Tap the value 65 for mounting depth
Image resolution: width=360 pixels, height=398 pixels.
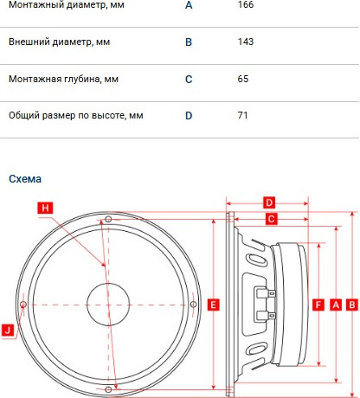(x=242, y=79)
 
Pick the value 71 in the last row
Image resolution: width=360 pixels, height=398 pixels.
(x=242, y=115)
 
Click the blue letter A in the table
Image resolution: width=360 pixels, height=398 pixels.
(x=189, y=4)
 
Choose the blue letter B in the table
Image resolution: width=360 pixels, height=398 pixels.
(x=189, y=42)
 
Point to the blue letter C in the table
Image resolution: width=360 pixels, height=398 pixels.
(x=189, y=79)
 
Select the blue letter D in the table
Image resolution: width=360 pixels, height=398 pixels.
(x=189, y=115)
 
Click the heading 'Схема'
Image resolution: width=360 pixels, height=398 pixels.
(x=24, y=179)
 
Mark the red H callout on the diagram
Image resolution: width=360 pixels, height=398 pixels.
(x=46, y=208)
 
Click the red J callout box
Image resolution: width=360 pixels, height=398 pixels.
(x=8, y=330)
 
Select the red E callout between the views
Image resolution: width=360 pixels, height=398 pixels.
(x=213, y=305)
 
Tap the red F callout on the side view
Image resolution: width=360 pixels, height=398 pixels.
(x=318, y=305)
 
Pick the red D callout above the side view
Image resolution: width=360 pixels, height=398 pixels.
(x=268, y=202)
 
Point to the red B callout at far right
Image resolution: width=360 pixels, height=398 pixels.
(x=351, y=305)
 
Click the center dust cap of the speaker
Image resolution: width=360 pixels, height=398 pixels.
(x=107, y=304)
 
